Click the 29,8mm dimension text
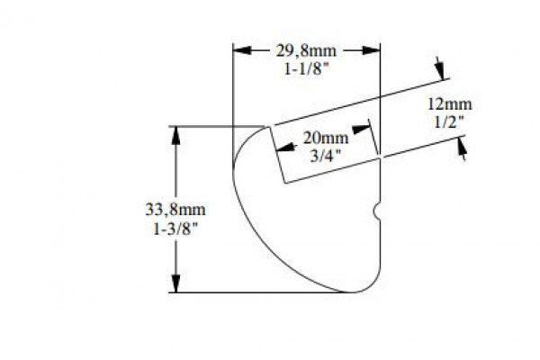(306, 51)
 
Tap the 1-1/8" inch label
(307, 69)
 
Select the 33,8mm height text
(175, 210)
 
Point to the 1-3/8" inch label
(175, 229)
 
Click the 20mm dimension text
(326, 138)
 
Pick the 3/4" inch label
(326, 157)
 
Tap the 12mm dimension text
(449, 104)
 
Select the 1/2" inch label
(449, 122)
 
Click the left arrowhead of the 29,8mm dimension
(242, 50)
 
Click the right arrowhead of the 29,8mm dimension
(371, 50)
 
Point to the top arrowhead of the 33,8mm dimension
(176, 136)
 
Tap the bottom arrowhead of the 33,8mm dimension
(176, 283)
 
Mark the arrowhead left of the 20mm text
(286, 148)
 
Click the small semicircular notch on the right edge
(377, 211)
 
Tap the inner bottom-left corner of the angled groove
(284, 183)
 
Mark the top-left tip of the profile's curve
(267, 127)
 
